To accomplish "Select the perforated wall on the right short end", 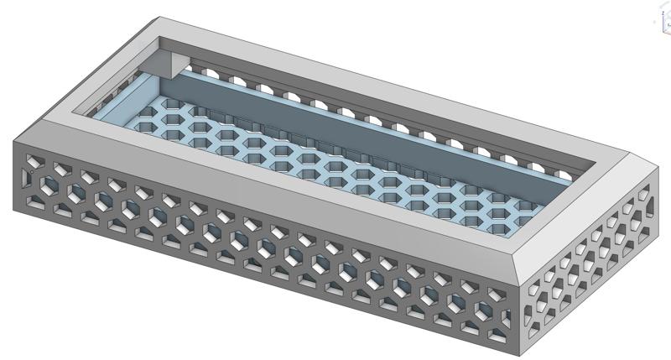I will pos(596,269).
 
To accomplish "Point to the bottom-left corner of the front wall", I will pos(14,210).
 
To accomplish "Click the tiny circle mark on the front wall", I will pos(32,173).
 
